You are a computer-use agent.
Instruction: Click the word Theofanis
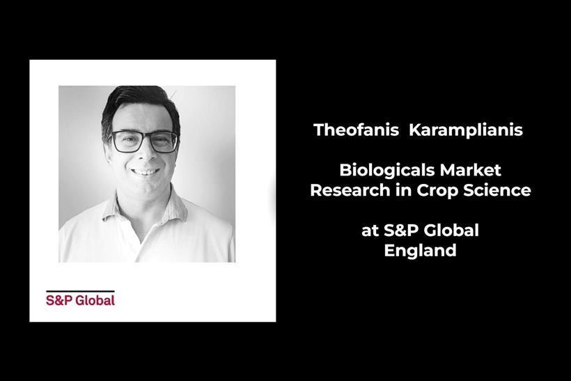356,130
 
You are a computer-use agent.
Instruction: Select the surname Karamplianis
466,130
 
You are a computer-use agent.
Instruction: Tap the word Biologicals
387,170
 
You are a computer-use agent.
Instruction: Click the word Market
471,170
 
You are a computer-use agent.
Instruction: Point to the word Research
350,190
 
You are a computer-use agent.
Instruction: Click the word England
420,251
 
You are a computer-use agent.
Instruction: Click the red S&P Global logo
81,300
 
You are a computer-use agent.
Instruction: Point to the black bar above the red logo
81,291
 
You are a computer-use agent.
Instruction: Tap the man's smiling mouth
146,171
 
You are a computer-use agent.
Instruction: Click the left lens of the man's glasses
127,141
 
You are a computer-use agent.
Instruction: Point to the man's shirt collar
146,211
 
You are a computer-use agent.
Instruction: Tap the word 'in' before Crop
403,190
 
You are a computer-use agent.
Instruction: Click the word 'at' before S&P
370,231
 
